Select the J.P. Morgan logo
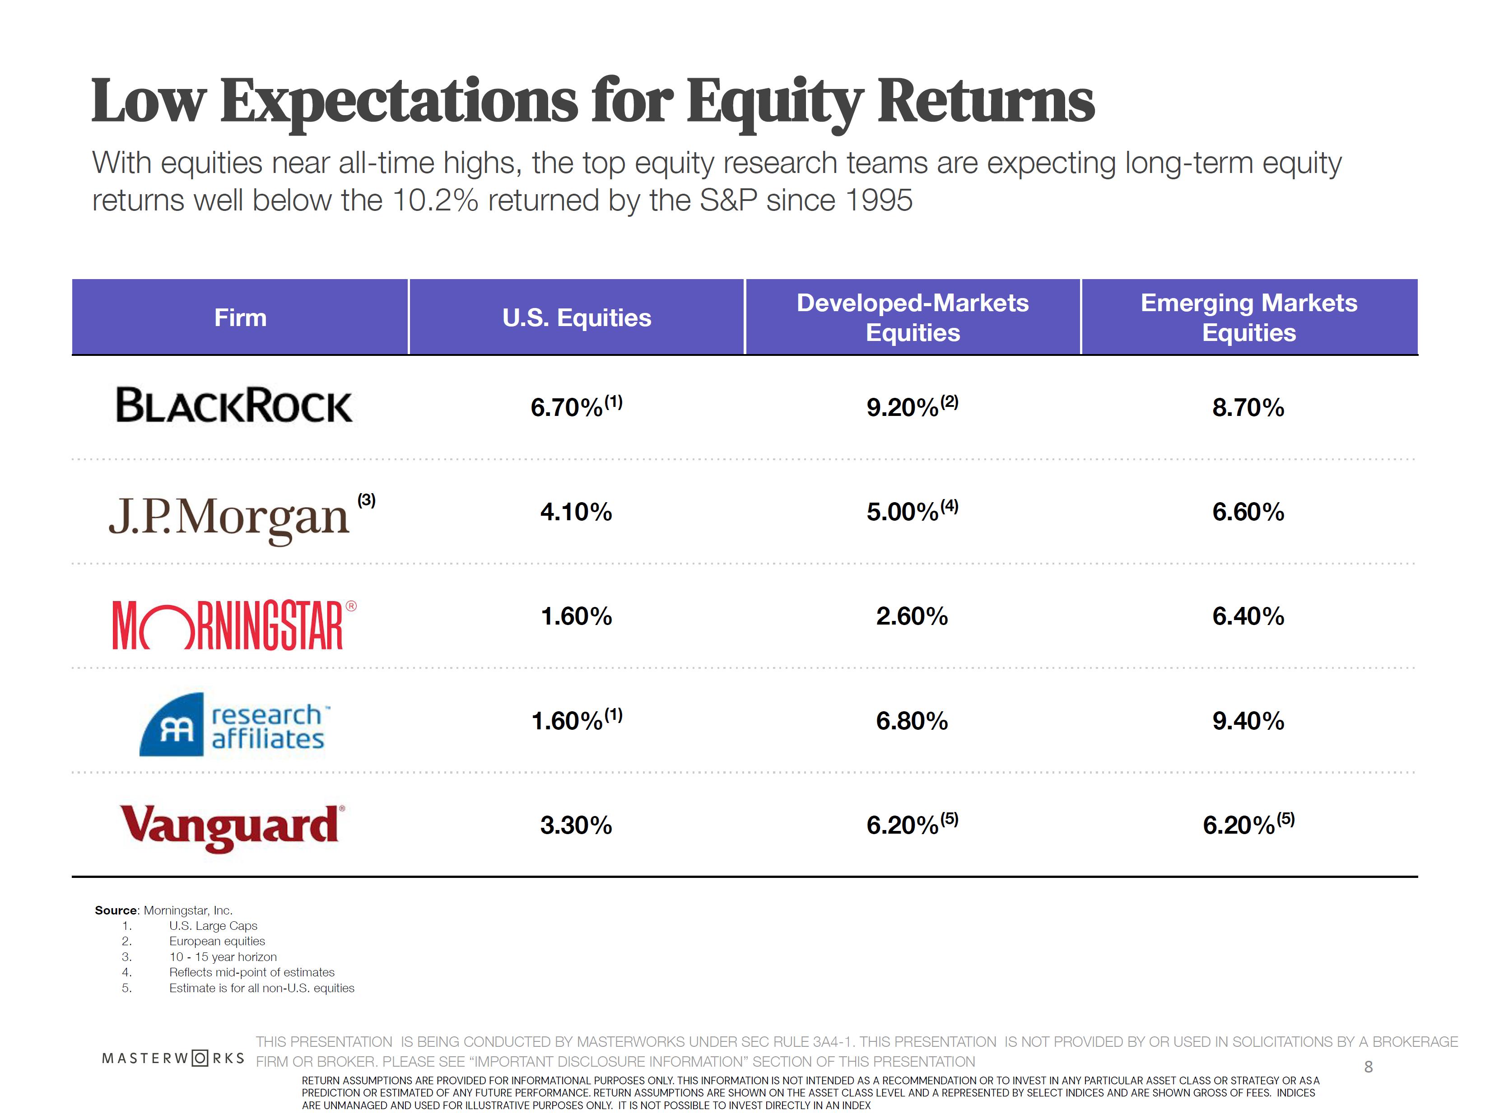[x=229, y=517]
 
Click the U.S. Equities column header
[x=577, y=317]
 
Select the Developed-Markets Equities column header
[x=912, y=317]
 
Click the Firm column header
[x=241, y=317]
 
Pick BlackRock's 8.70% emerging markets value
[x=1248, y=408]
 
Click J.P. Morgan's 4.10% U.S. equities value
[x=576, y=512]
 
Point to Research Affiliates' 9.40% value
[x=1248, y=721]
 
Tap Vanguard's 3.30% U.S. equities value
[x=576, y=826]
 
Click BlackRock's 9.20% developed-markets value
[x=903, y=408]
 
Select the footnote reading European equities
[x=217, y=941]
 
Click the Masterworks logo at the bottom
[x=173, y=1058]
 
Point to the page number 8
[x=1368, y=1067]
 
